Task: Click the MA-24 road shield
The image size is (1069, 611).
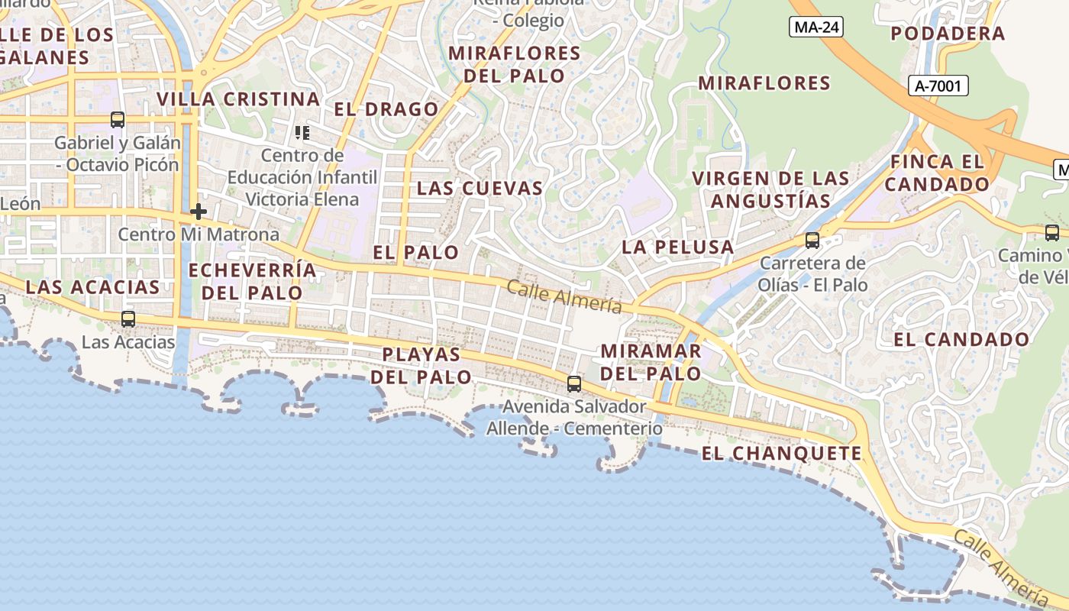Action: (815, 27)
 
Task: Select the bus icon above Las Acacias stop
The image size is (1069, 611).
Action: (128, 319)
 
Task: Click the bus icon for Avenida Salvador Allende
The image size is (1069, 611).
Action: (573, 383)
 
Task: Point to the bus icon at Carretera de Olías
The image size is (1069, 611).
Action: (812, 241)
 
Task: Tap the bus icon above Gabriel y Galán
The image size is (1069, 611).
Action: (118, 120)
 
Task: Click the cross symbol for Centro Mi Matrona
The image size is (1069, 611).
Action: (199, 211)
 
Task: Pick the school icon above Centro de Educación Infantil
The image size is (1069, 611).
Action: (302, 134)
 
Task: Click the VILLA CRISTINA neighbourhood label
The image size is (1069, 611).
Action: (238, 99)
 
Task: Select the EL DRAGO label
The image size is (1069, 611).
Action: (386, 109)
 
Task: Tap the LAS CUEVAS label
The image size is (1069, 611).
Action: (480, 188)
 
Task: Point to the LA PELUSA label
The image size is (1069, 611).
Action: (677, 247)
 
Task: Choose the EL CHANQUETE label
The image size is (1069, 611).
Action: (781, 454)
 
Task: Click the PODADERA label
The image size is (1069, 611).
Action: (948, 34)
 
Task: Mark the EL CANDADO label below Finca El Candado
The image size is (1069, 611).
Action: (961, 340)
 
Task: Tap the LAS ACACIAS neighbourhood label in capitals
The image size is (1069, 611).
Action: (92, 287)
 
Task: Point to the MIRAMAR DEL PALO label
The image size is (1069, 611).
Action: (651, 363)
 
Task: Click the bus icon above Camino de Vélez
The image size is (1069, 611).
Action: (1052, 233)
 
